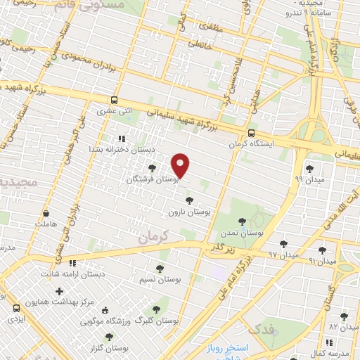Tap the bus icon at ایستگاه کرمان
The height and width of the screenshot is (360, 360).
point(251,133)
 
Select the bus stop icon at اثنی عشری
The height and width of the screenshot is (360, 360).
point(114,101)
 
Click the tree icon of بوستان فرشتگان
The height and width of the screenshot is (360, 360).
point(153,168)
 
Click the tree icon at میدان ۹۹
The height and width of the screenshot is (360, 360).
point(310,168)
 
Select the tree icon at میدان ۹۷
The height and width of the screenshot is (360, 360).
point(283,243)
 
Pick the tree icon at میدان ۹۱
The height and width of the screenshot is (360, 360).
point(322,250)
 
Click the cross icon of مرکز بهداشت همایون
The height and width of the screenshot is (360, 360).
point(59,290)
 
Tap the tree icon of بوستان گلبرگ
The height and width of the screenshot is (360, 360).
point(156,309)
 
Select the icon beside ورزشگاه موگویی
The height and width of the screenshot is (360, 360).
point(105,310)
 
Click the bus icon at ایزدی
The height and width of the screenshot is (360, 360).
point(16,307)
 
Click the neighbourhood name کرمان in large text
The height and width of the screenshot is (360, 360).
point(154,237)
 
